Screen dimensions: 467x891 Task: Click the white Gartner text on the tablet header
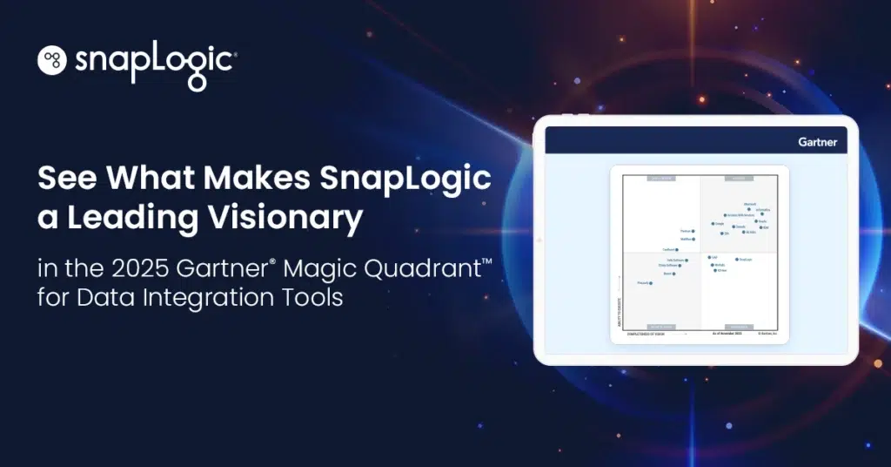(x=817, y=141)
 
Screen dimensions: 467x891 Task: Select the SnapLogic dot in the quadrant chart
(x=737, y=259)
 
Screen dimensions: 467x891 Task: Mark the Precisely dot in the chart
(x=651, y=283)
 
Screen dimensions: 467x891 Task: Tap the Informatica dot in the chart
(x=762, y=213)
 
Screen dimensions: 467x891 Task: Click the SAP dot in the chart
(x=709, y=258)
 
